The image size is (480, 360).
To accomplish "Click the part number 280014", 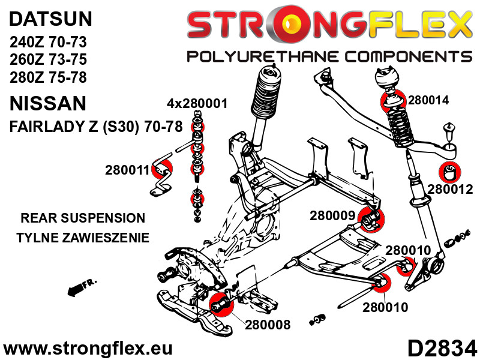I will coord(428,101).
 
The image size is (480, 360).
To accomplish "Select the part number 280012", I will coord(451,190).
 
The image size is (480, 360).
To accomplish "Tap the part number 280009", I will coord(331,214).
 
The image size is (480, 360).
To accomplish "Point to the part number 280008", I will coord(268,325).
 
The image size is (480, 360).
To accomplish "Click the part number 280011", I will coord(126,170).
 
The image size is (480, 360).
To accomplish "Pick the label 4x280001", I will coord(197,103).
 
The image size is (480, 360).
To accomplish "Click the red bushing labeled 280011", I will coord(163,170).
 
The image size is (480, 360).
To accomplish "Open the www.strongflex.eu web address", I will coord(88,348).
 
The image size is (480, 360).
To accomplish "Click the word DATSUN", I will coord(50,19).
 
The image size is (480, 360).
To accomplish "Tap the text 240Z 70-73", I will coord(49,43).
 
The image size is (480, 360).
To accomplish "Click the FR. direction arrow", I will coord(76,289).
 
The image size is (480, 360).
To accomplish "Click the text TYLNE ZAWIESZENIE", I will coord(83,238).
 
